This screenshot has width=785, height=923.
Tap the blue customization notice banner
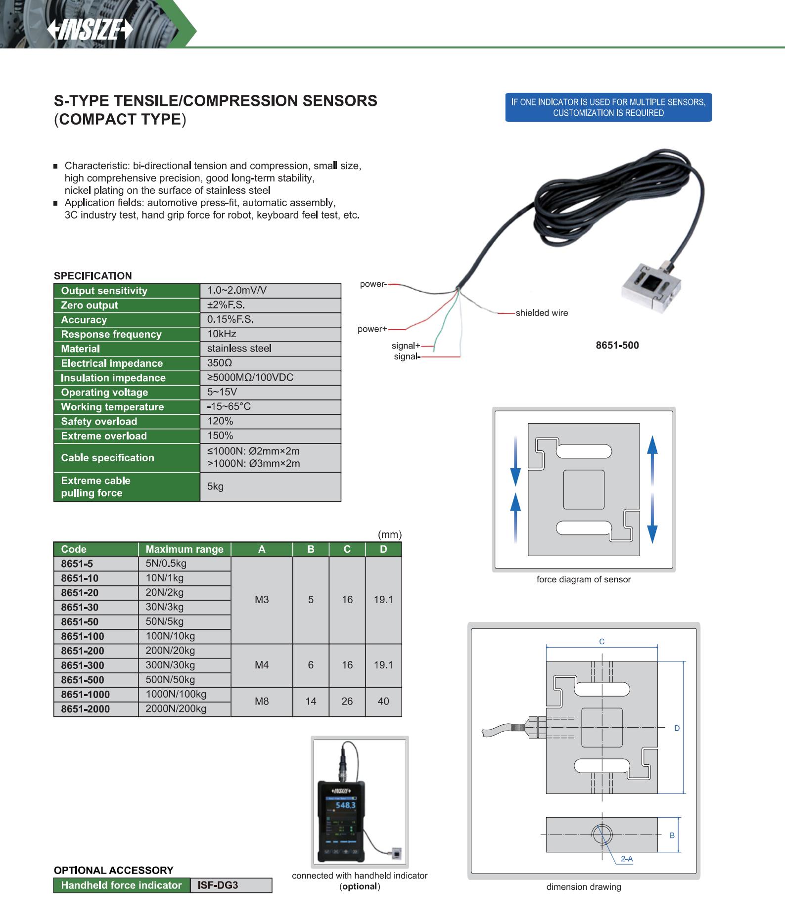point(608,107)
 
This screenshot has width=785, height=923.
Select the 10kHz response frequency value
point(222,334)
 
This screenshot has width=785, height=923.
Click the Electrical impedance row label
point(112,363)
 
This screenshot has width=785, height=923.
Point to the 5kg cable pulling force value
point(216,486)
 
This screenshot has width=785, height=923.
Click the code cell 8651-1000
point(86,695)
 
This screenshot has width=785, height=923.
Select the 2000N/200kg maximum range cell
point(176,709)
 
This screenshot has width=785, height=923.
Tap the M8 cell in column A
point(262,702)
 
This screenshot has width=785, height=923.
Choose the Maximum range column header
point(185,549)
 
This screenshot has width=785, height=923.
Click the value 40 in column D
point(383,702)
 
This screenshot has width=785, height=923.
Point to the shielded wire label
point(542,313)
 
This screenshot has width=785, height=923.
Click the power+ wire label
point(372,329)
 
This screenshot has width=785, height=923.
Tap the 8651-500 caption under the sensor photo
point(617,346)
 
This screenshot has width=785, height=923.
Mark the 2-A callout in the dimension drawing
point(627,859)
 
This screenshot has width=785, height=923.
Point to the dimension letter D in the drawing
point(677,728)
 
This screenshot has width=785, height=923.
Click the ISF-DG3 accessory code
point(218,885)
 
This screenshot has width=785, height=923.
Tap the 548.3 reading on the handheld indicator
point(345,805)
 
